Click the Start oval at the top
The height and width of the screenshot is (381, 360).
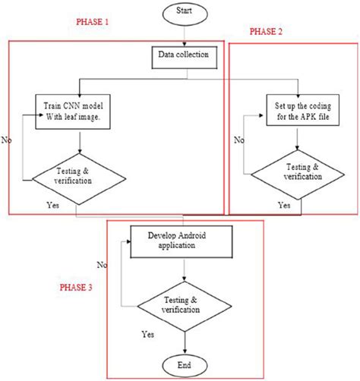[x=182, y=12]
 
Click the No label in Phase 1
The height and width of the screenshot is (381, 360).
[x=7, y=140]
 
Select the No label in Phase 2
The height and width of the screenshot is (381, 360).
[x=239, y=140]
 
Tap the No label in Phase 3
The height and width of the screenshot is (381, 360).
[x=102, y=265]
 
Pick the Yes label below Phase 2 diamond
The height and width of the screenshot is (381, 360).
[x=283, y=205]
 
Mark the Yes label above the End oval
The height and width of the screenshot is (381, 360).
[x=150, y=333]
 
